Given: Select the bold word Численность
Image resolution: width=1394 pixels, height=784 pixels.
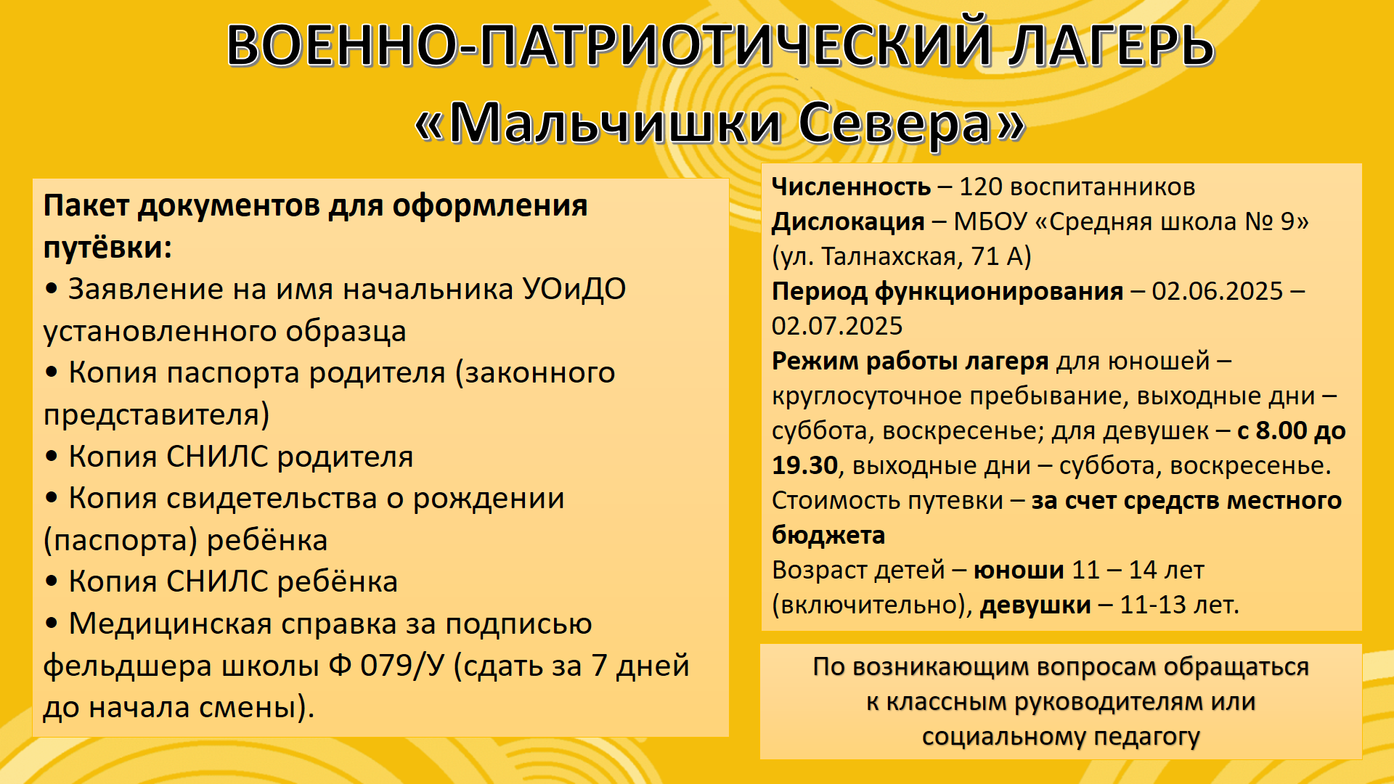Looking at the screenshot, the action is tap(851, 187).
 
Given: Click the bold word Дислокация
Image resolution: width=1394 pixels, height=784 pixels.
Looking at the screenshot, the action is tap(848, 222).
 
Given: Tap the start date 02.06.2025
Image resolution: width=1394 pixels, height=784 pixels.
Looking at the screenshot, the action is tap(1218, 291).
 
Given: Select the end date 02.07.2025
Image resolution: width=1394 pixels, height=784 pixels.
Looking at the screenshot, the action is tap(837, 326).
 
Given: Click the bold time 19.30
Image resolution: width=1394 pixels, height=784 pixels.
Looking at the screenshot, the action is tap(804, 465).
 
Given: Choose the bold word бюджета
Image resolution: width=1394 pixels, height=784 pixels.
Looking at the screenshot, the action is tap(828, 535).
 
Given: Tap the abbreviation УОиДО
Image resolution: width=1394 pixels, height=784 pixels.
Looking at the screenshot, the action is tap(574, 289).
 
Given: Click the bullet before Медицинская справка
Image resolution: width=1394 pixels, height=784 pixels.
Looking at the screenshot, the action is tap(51, 624).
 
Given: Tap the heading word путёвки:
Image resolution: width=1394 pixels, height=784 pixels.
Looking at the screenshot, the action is tap(107, 248).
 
